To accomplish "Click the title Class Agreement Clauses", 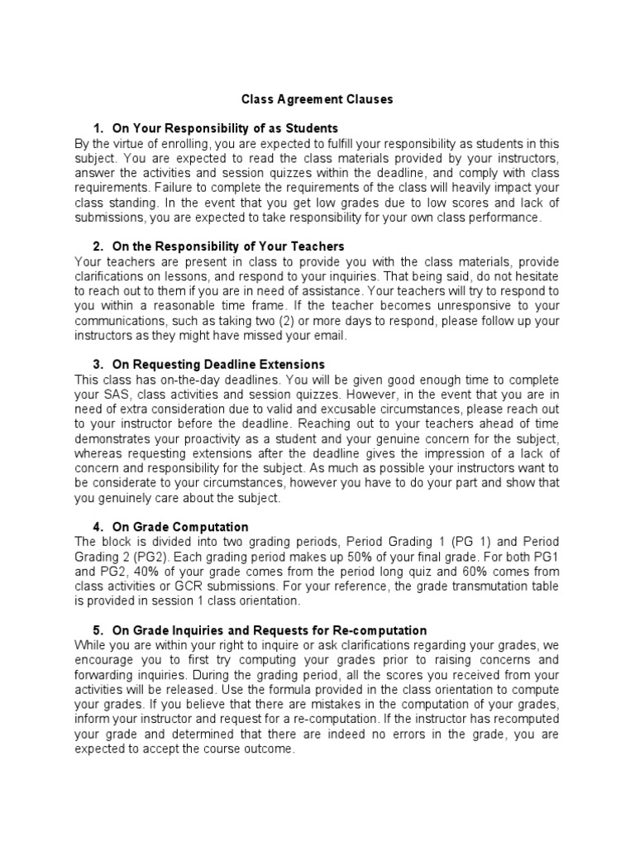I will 317,99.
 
